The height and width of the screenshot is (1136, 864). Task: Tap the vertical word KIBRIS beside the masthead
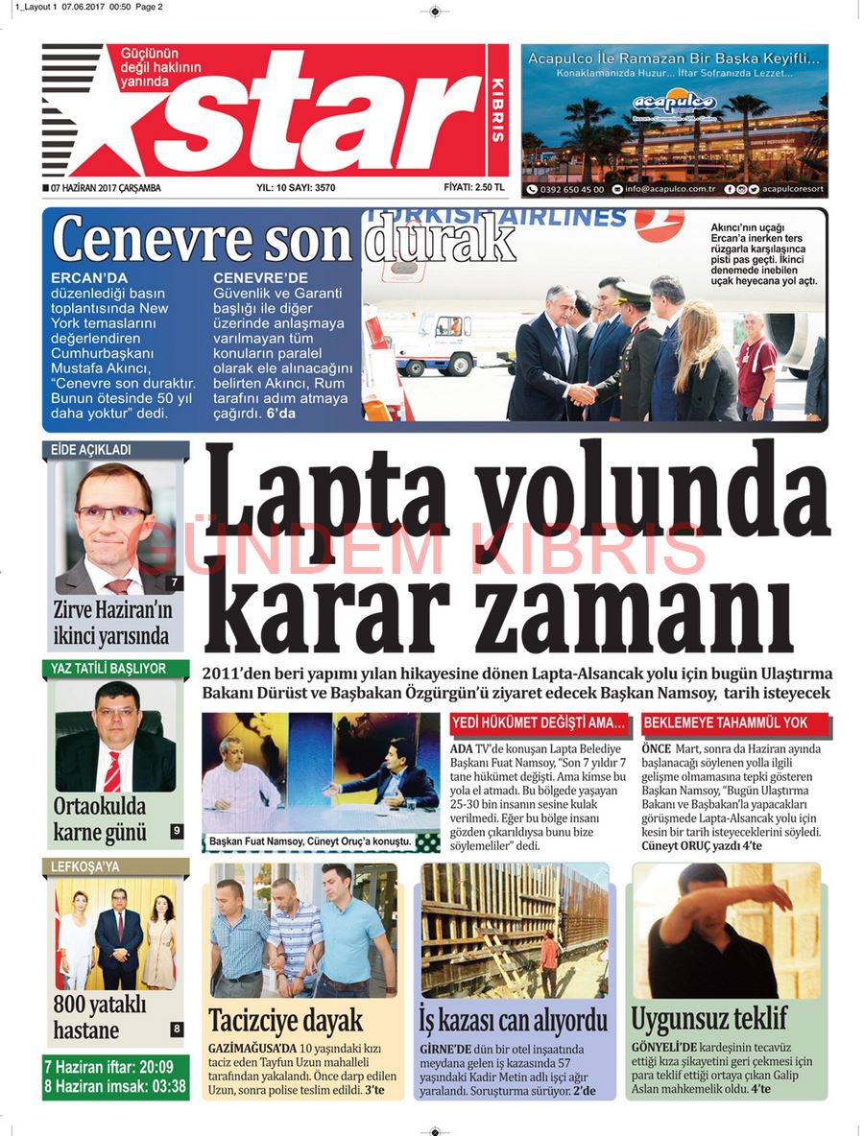point(496,107)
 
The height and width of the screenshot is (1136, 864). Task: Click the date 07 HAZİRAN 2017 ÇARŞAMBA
point(106,188)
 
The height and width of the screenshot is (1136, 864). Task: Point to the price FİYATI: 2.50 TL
point(474,187)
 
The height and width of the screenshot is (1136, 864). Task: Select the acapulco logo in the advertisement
point(674,102)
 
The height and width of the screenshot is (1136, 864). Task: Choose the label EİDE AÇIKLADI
point(91,449)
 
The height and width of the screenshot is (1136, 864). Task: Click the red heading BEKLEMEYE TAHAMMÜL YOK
point(725,722)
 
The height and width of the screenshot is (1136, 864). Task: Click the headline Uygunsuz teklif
point(708,1017)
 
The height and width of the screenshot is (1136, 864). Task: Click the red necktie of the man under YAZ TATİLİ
point(112,770)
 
